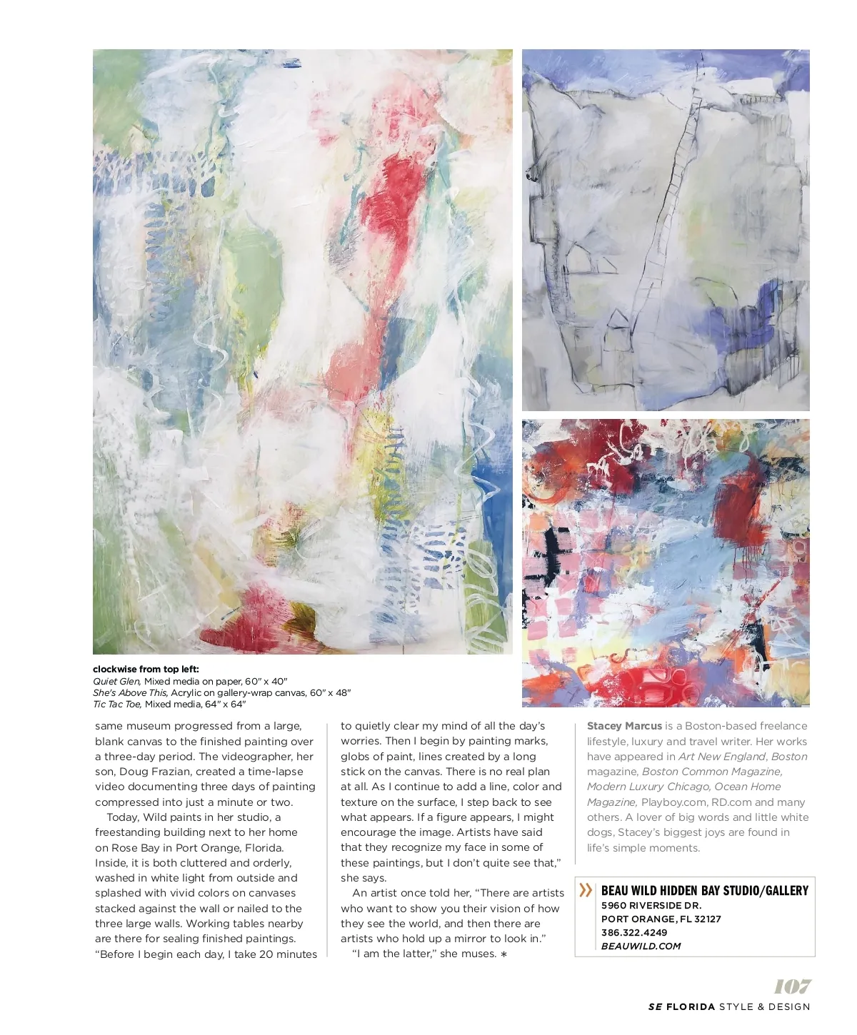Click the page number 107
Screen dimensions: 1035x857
coord(792,986)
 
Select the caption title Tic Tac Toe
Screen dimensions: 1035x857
coord(117,705)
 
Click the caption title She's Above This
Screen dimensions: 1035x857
coord(130,693)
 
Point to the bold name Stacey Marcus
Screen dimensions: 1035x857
coord(624,726)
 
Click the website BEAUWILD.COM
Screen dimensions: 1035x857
coord(641,946)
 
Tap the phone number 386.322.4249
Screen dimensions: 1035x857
coord(634,933)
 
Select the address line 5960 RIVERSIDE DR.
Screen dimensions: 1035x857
coord(651,906)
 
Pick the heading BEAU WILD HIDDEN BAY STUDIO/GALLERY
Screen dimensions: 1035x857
coord(704,891)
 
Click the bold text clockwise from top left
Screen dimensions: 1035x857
coord(146,670)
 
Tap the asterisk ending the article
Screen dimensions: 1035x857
coord(503,954)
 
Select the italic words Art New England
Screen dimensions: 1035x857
coord(722,757)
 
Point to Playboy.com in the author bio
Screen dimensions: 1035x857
coord(673,802)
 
